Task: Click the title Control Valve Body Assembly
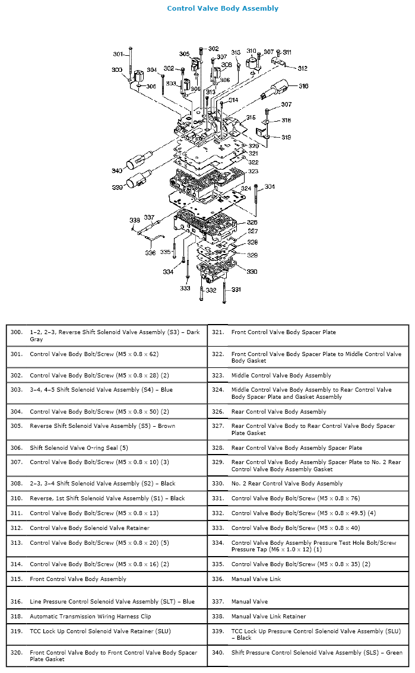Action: pyautogui.click(x=223, y=8)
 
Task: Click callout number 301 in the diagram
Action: pyautogui.click(x=118, y=55)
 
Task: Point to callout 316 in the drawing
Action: pyautogui.click(x=303, y=86)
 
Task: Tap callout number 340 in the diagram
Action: pyautogui.click(x=117, y=171)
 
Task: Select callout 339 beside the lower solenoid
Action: pyautogui.click(x=117, y=187)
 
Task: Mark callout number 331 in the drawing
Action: pyautogui.click(x=236, y=290)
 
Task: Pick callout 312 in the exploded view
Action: pyautogui.click(x=302, y=68)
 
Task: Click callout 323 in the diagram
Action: pyautogui.click(x=254, y=171)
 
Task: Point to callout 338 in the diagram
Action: pyautogui.click(x=135, y=220)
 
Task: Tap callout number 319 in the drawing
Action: pyautogui.click(x=286, y=137)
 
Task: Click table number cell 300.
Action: pyautogui.click(x=17, y=332)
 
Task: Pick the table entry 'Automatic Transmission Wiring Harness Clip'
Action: pyautogui.click(x=90, y=617)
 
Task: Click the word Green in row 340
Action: pyautogui.click(x=393, y=653)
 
